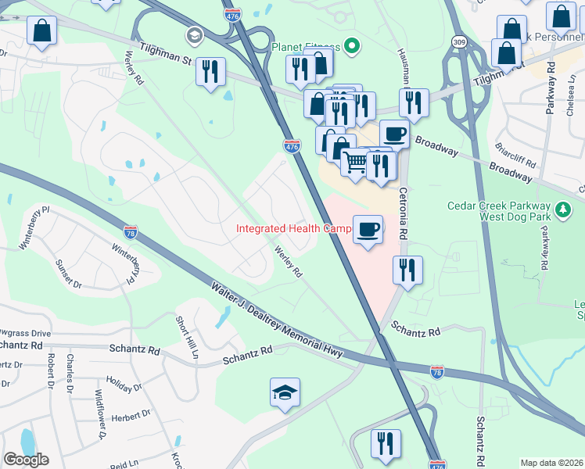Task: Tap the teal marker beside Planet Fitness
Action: click(352, 47)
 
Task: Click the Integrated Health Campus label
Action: click(294, 229)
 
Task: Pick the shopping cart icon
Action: click(355, 163)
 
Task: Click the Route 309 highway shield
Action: click(459, 39)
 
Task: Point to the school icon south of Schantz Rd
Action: click(285, 392)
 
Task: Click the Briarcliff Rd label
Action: click(515, 155)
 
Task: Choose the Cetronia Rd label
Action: click(404, 212)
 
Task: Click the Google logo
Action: click(26, 460)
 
